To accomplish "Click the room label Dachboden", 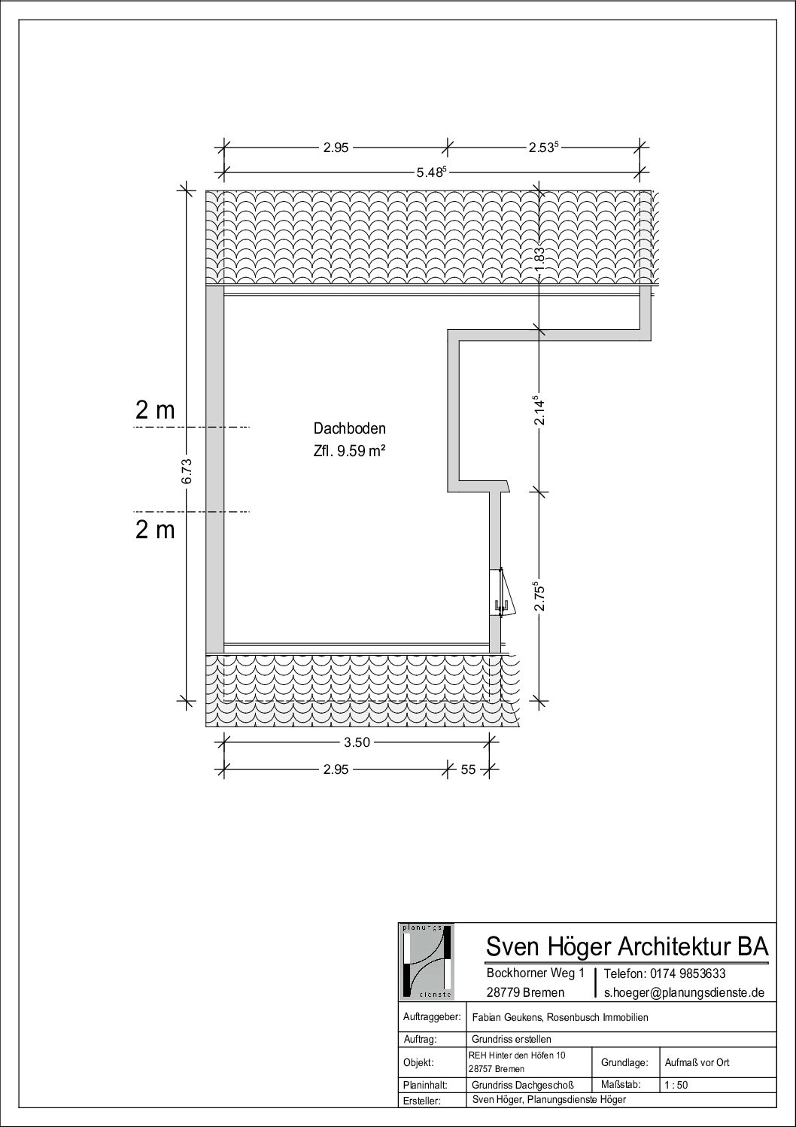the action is [x=350, y=428].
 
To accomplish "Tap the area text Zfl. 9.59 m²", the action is [x=350, y=451].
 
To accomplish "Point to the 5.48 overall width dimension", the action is [x=431, y=172].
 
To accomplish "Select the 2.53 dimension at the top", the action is [x=543, y=148].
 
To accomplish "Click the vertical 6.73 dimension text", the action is [x=187, y=471].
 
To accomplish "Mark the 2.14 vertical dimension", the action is [x=539, y=410].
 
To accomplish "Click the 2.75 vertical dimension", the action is [x=539, y=595].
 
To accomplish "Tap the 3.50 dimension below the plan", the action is [x=357, y=742].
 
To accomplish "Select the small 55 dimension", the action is [x=468, y=769].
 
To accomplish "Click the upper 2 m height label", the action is [x=155, y=410].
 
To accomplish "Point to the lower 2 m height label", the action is [x=155, y=530].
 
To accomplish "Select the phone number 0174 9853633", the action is [x=688, y=973].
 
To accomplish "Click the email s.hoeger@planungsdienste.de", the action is [x=684, y=992].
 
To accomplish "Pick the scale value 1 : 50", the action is [x=676, y=1085].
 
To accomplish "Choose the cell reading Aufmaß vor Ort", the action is [x=697, y=1062].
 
